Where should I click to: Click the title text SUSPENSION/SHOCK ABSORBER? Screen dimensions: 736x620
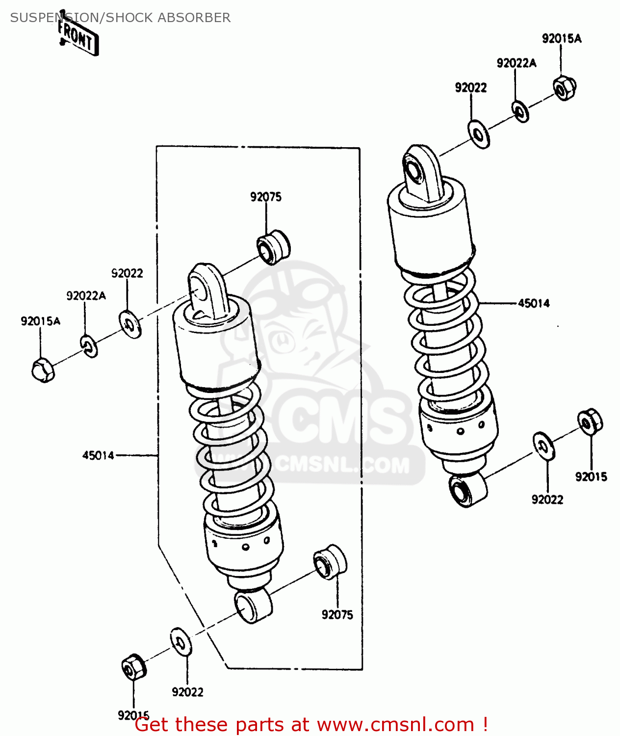[120, 18]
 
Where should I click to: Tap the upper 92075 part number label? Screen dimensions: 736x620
[266, 197]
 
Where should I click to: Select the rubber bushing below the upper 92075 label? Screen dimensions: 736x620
[274, 247]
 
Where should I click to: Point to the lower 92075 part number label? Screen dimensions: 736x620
[337, 614]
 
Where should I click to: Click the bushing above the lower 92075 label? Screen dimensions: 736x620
[330, 562]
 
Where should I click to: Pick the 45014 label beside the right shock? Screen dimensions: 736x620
[534, 303]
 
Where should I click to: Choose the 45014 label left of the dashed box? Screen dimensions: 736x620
[98, 455]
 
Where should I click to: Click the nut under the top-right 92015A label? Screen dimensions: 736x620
[565, 88]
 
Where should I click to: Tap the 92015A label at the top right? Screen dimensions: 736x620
[562, 39]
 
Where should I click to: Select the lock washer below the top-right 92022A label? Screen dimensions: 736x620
[520, 111]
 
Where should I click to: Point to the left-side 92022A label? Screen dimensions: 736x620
[86, 295]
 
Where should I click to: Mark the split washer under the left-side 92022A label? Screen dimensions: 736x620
[89, 346]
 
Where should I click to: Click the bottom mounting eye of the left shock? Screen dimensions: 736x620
[253, 606]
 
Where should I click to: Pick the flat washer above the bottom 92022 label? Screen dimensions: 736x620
[181, 641]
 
